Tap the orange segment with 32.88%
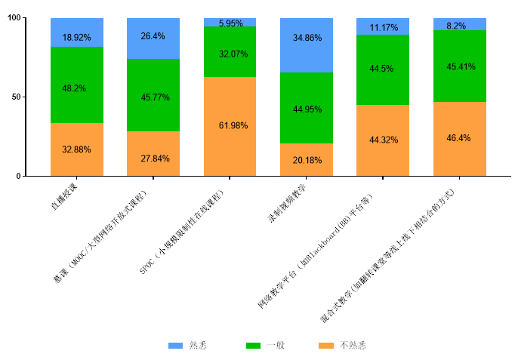tap(77, 149)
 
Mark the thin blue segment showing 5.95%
tap(230, 23)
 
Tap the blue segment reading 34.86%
tap(307, 45)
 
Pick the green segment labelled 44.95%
tap(307, 108)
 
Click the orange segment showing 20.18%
tap(307, 160)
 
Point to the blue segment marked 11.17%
tap(383, 27)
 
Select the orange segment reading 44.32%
tap(383, 140)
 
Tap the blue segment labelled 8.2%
tap(460, 25)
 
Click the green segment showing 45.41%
tap(460, 66)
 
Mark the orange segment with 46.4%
tap(460, 139)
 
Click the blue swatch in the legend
tap(175, 346)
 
